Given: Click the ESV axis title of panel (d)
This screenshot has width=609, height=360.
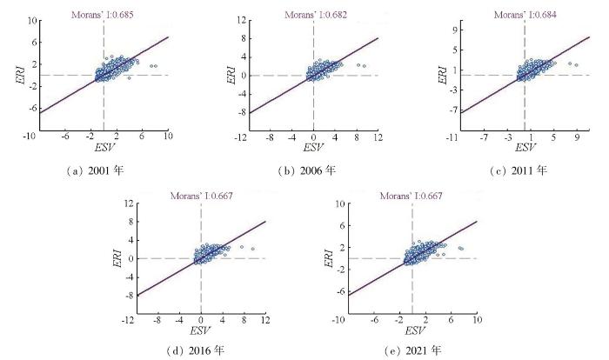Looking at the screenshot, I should point(201,331).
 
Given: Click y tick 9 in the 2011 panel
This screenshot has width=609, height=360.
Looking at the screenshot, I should point(453,29).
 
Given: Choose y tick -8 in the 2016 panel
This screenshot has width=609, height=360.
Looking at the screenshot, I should point(130,296).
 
